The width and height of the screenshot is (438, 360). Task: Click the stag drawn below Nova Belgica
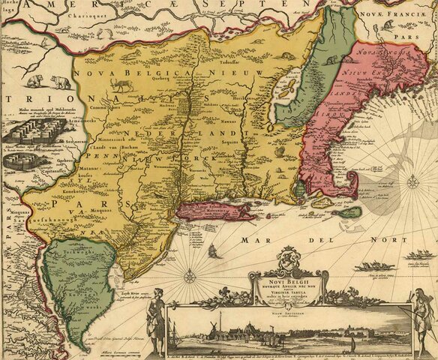(x=124, y=85)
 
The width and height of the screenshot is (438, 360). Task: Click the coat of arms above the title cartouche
(x=287, y=261)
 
